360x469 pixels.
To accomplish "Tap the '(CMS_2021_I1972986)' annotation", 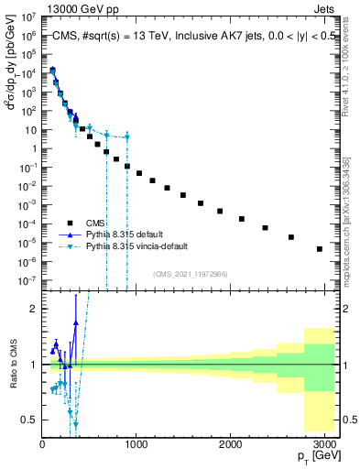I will (191, 274).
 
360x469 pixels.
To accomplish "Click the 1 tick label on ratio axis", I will (31, 365).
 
